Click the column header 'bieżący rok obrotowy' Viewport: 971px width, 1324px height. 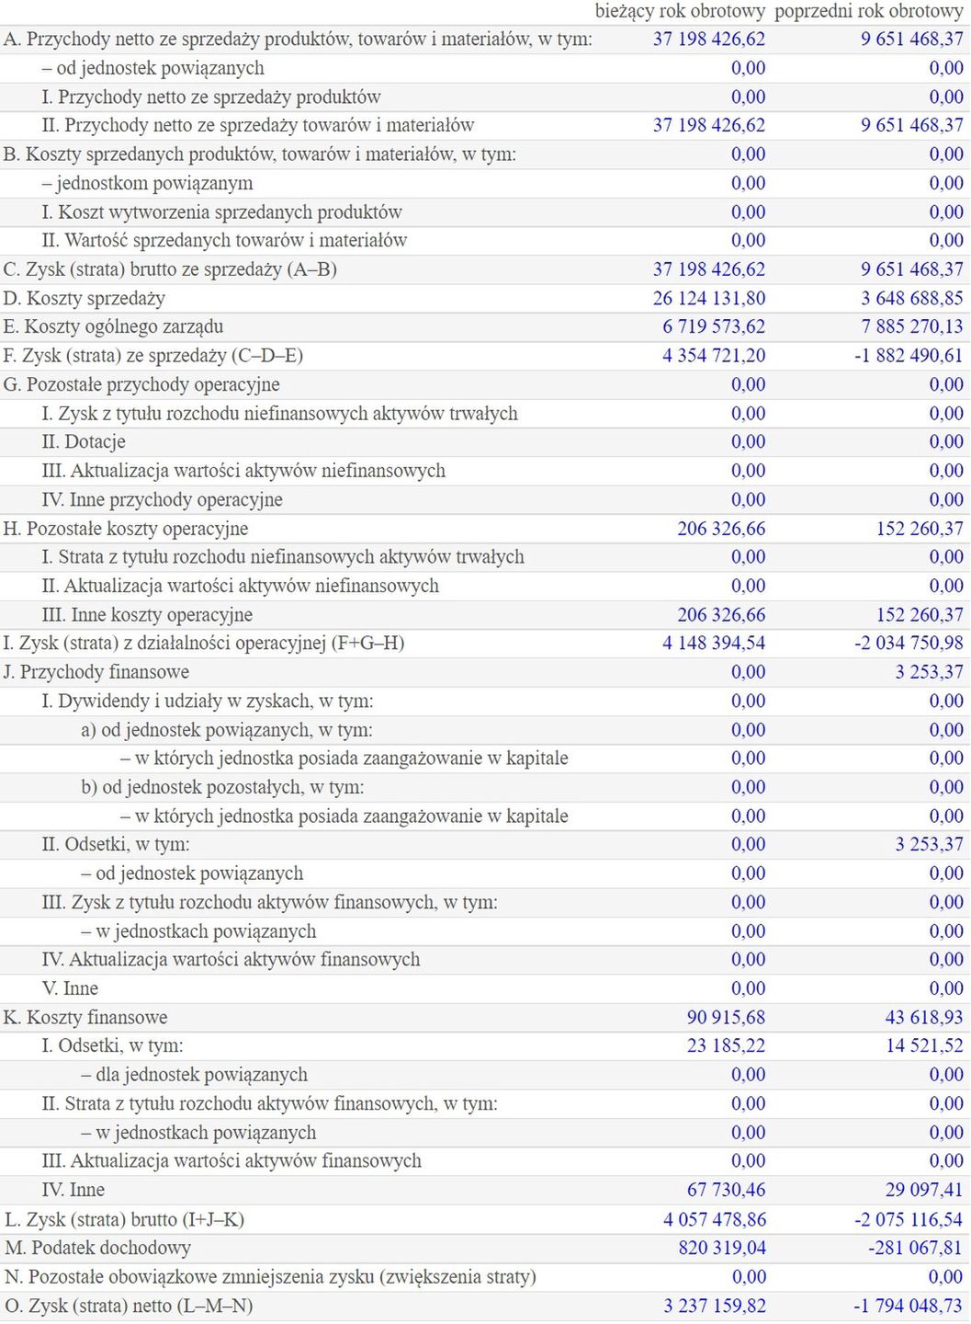[680, 11]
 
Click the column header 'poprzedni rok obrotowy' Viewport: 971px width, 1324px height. [869, 11]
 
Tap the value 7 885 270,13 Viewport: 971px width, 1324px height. [912, 326]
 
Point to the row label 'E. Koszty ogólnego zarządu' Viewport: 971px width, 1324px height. [113, 326]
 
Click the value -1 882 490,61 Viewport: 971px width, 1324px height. [909, 356]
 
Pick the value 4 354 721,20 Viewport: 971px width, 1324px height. [714, 356]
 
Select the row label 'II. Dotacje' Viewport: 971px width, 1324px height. [84, 442]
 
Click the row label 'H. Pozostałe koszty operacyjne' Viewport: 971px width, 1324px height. [126, 529]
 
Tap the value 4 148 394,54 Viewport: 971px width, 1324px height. [714, 644]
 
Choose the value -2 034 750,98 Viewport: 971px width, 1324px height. [909, 644]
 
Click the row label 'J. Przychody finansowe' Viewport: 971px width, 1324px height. [96, 672]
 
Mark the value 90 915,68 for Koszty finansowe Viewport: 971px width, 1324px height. [726, 1018]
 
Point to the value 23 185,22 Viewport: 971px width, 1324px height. [726, 1046]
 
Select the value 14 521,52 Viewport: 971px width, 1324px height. [924, 1046]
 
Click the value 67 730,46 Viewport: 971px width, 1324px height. [726, 1190]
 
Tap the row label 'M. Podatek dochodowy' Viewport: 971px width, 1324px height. [98, 1248]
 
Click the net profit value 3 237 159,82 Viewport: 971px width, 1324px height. [715, 1306]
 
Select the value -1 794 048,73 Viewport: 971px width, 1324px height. [909, 1306]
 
